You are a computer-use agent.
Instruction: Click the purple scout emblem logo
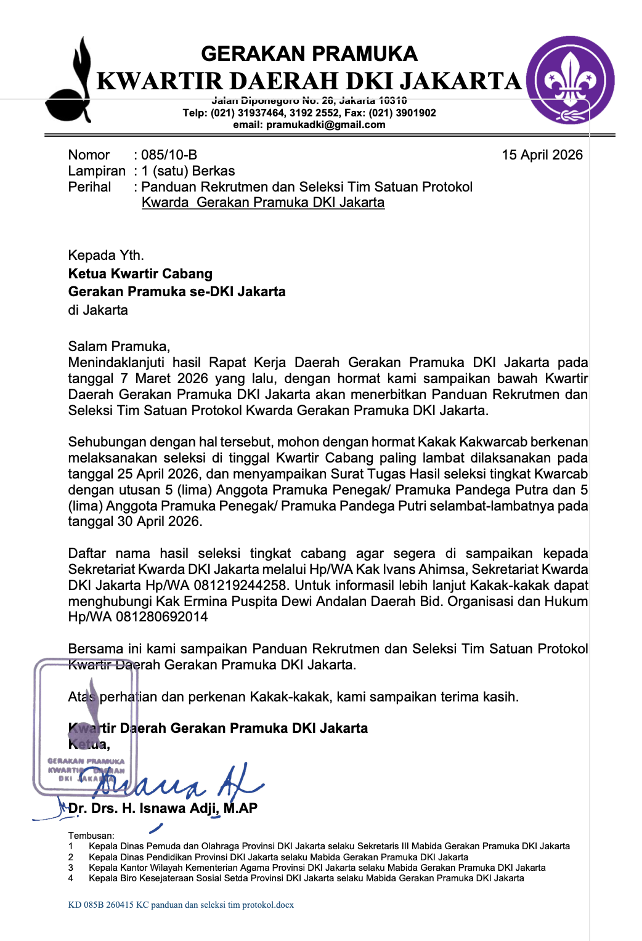pyautogui.click(x=570, y=80)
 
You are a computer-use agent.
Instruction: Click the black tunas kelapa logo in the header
pyautogui.click(x=70, y=83)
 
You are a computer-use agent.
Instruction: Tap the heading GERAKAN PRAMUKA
pyautogui.click(x=309, y=54)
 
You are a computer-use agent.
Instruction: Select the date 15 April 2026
pyautogui.click(x=542, y=155)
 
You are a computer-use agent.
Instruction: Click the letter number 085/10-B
pyautogui.click(x=169, y=155)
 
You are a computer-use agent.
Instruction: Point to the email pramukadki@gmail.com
pyautogui.click(x=326, y=124)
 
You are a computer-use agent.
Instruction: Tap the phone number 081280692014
pyautogui.click(x=161, y=617)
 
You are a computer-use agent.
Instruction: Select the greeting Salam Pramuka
pyautogui.click(x=118, y=346)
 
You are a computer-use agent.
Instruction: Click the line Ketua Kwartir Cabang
pyautogui.click(x=140, y=273)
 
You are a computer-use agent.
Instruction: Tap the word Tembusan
pyautogui.click(x=91, y=836)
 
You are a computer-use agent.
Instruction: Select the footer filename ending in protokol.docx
pyautogui.click(x=181, y=905)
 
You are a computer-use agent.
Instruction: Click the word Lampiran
pyautogui.click(x=97, y=171)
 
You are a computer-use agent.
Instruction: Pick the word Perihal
pyautogui.click(x=90, y=187)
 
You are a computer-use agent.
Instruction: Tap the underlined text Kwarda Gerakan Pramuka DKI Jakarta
pyautogui.click(x=263, y=203)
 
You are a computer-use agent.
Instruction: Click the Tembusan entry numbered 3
pyautogui.click(x=317, y=868)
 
